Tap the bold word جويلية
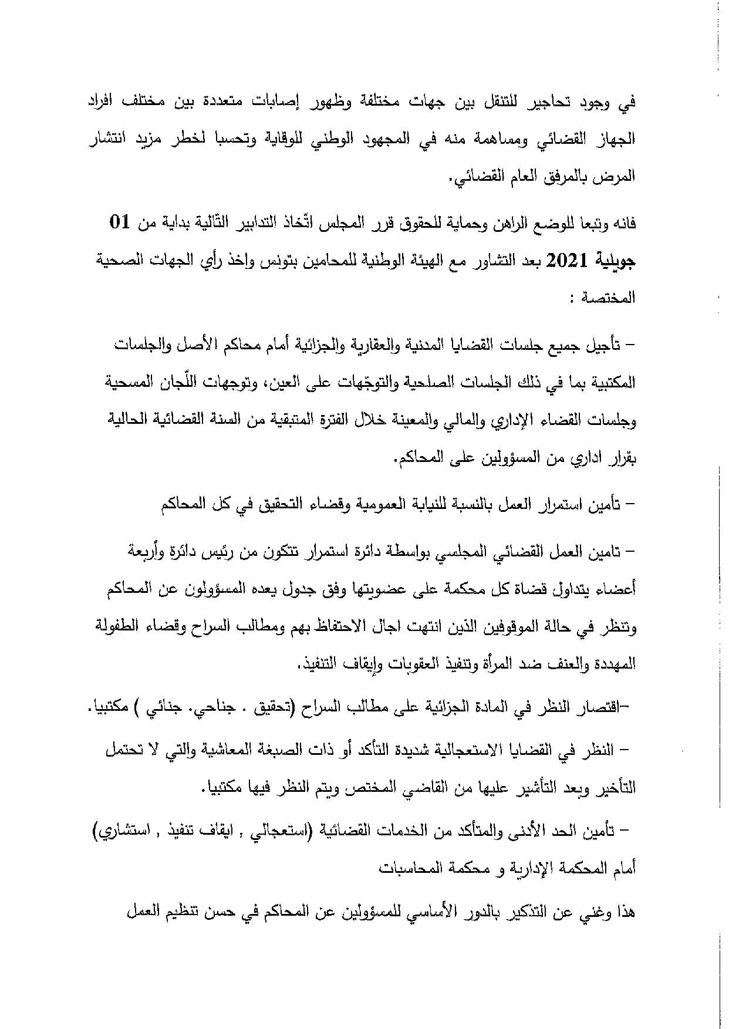coord(612,260)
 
